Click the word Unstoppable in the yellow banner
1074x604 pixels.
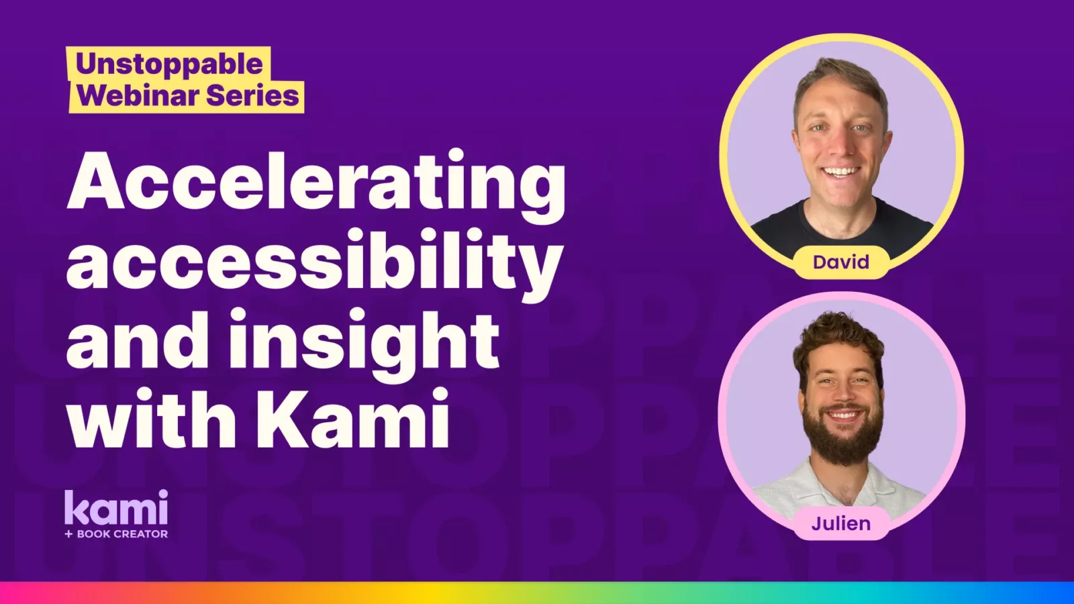click(x=169, y=64)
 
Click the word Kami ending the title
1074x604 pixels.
click(x=352, y=417)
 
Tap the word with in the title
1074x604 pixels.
click(x=152, y=417)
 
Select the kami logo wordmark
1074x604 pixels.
click(x=116, y=507)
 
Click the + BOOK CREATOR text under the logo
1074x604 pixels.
click(x=116, y=534)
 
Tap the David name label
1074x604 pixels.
click(x=841, y=262)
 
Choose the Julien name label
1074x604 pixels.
click(x=841, y=523)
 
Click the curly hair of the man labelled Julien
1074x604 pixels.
click(x=838, y=340)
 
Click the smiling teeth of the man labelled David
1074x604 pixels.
click(x=840, y=171)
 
